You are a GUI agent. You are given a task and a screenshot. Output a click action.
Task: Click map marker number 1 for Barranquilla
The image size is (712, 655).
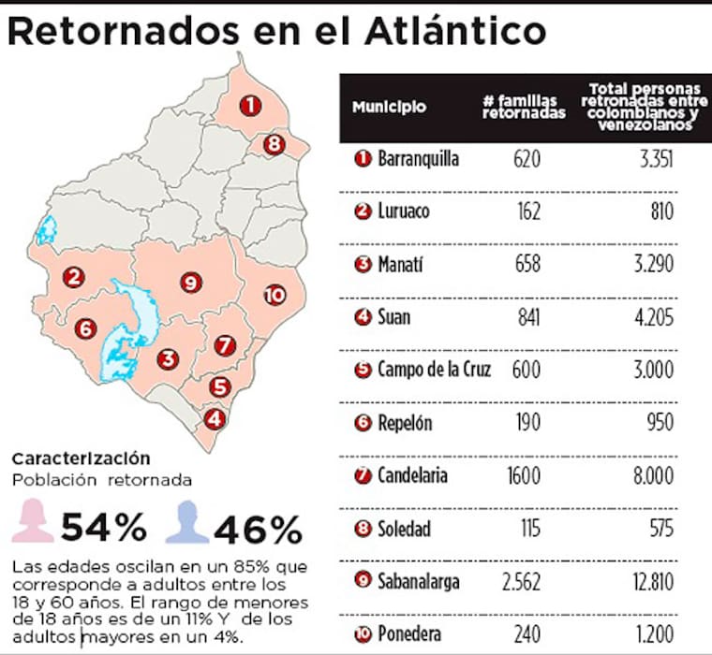coord(249,106)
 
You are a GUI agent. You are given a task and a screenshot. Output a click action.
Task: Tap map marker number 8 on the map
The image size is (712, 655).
coord(273,144)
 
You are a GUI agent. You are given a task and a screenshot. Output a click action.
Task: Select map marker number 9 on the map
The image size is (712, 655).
coord(189,282)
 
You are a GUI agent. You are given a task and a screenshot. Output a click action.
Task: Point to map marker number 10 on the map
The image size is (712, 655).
coord(274,296)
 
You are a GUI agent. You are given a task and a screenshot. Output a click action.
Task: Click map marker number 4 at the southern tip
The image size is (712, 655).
coord(215,419)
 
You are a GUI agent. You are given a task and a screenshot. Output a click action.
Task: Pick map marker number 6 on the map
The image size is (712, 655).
coord(85,328)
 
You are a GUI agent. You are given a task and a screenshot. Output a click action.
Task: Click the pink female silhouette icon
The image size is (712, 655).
coord(33,521)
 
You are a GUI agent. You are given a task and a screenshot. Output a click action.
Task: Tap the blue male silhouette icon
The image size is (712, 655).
coord(187,521)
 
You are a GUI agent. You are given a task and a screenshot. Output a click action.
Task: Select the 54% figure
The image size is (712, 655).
coord(104,529)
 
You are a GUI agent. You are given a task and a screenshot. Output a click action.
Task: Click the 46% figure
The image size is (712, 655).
coord(258,529)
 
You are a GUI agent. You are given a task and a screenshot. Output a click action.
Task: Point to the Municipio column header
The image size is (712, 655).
coord(389,107)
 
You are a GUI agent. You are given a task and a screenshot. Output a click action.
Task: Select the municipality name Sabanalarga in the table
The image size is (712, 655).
coord(418,582)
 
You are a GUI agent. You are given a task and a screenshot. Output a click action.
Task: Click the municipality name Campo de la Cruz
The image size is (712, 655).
coord(434,370)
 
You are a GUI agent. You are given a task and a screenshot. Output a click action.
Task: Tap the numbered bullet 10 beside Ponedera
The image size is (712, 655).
coord(363,634)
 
